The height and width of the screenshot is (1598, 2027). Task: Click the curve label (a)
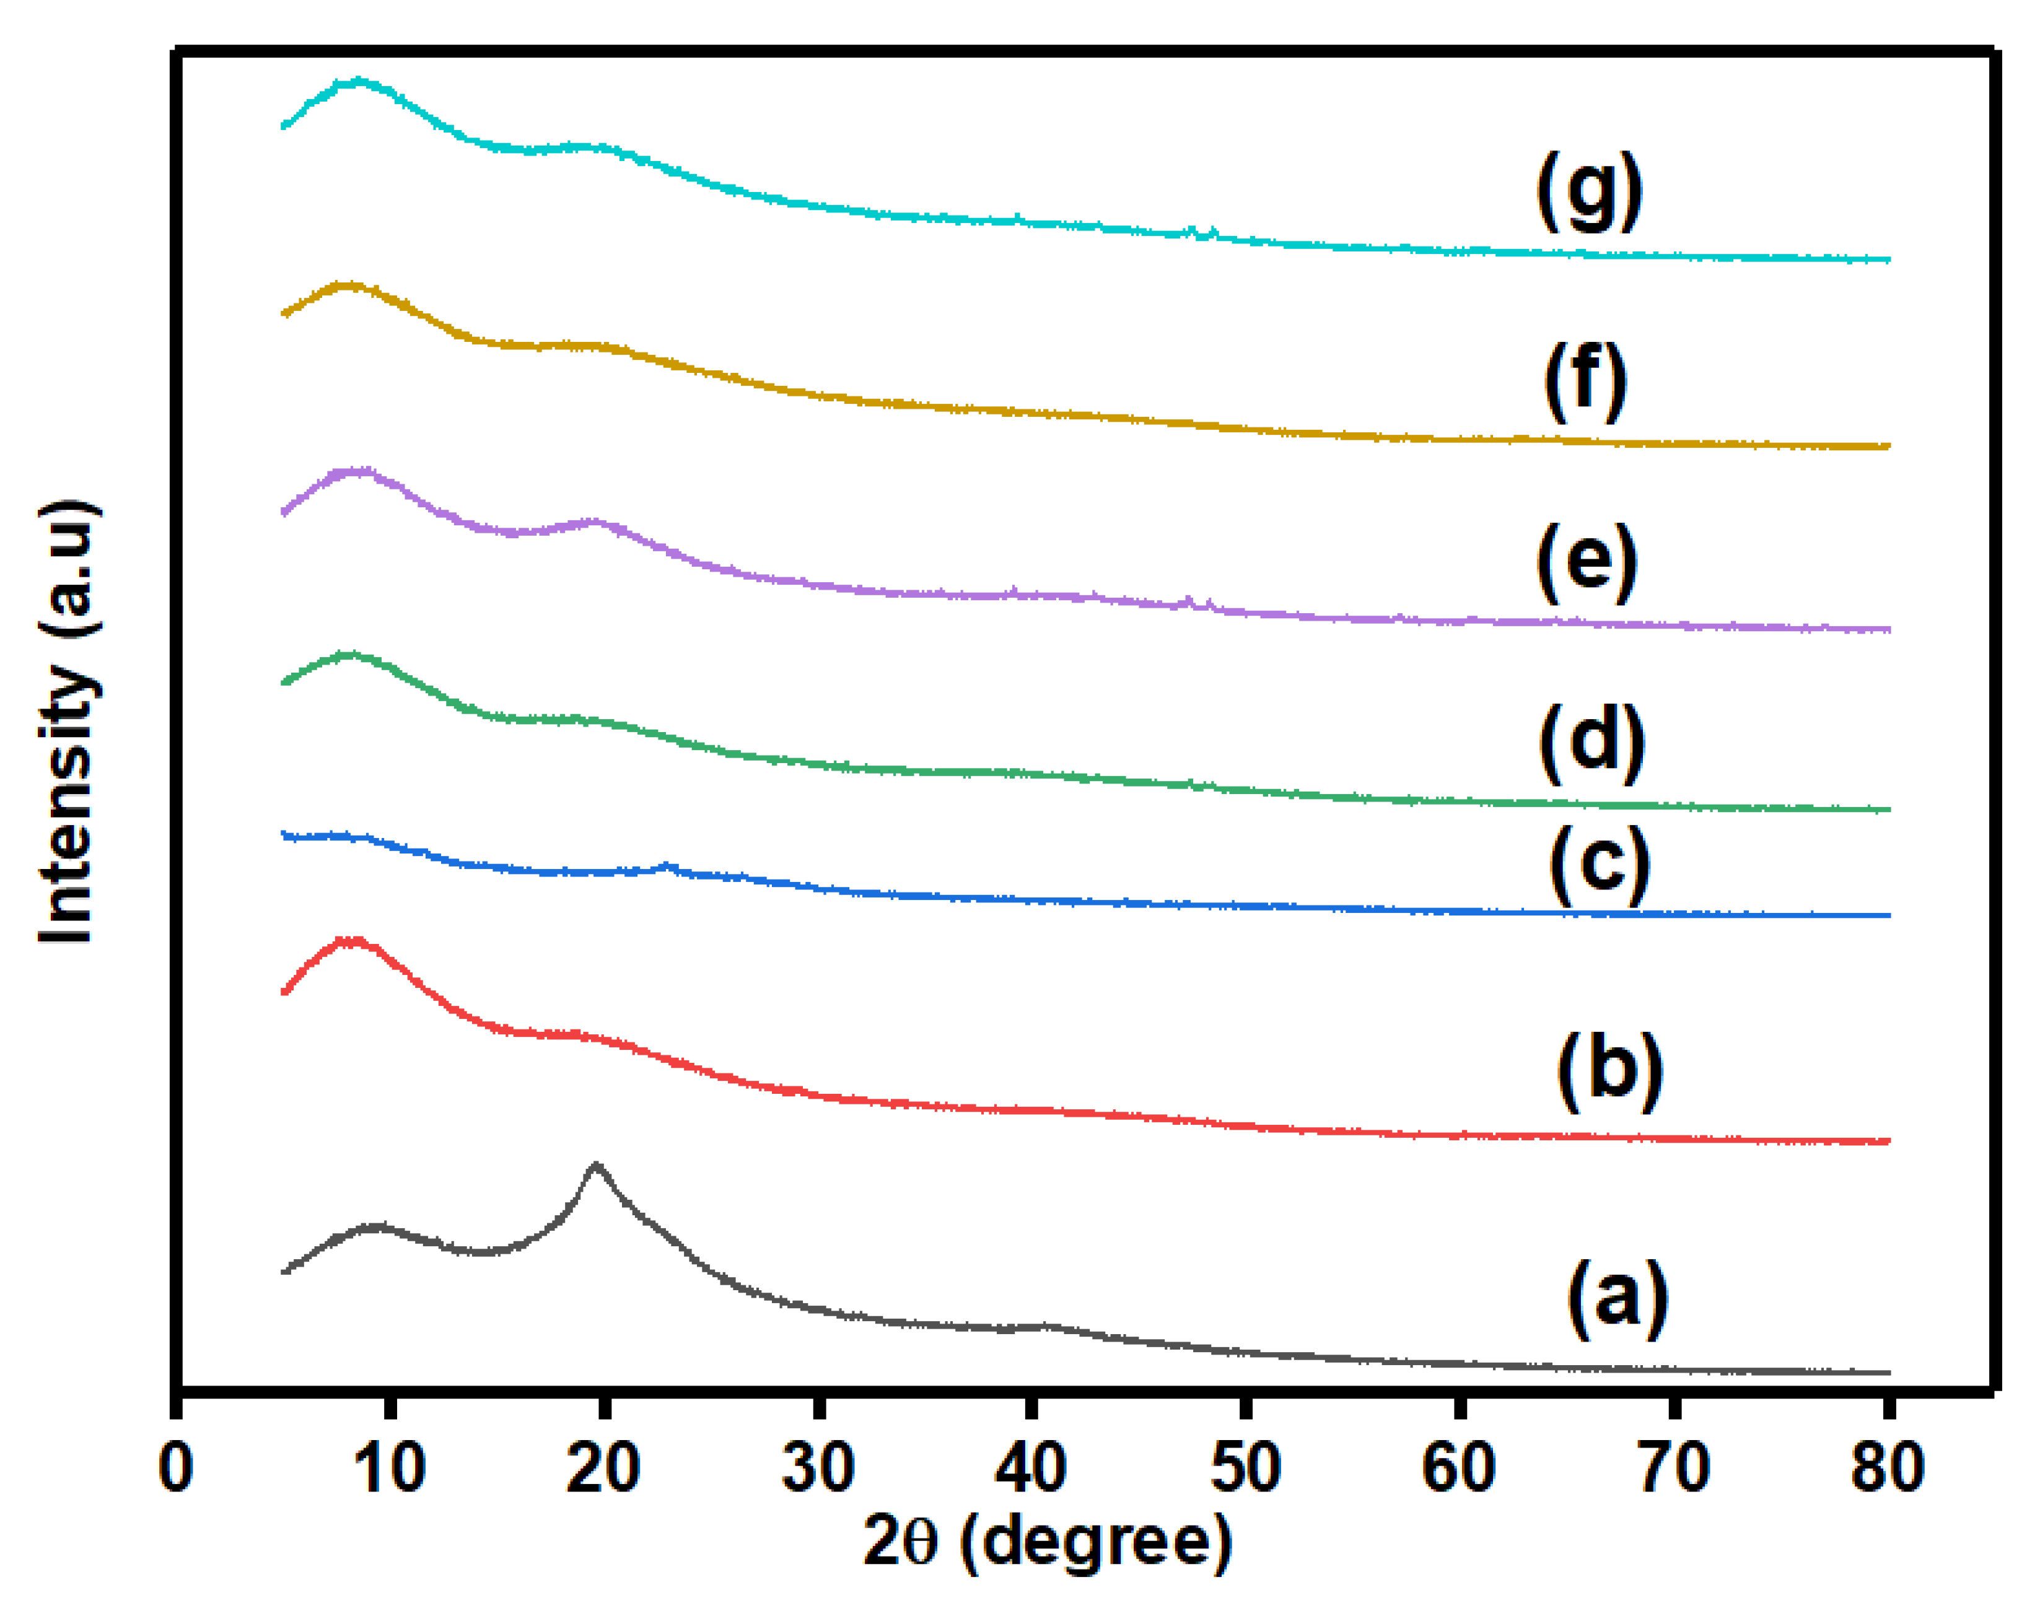[x=1617, y=1299]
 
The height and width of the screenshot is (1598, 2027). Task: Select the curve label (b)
[x=1609, y=1072]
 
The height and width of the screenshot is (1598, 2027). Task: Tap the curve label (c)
[x=1600, y=865]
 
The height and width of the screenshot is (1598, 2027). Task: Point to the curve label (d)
[x=1592, y=744]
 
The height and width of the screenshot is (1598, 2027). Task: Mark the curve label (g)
[x=1589, y=192]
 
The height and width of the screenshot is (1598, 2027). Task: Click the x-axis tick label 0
[x=176, y=1467]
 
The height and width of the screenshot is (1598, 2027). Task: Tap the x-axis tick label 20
[x=603, y=1467]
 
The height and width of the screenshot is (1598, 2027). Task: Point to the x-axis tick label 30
[x=818, y=1467]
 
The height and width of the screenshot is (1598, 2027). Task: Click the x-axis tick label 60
[x=1458, y=1467]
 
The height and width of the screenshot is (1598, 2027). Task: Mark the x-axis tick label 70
[x=1674, y=1467]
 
